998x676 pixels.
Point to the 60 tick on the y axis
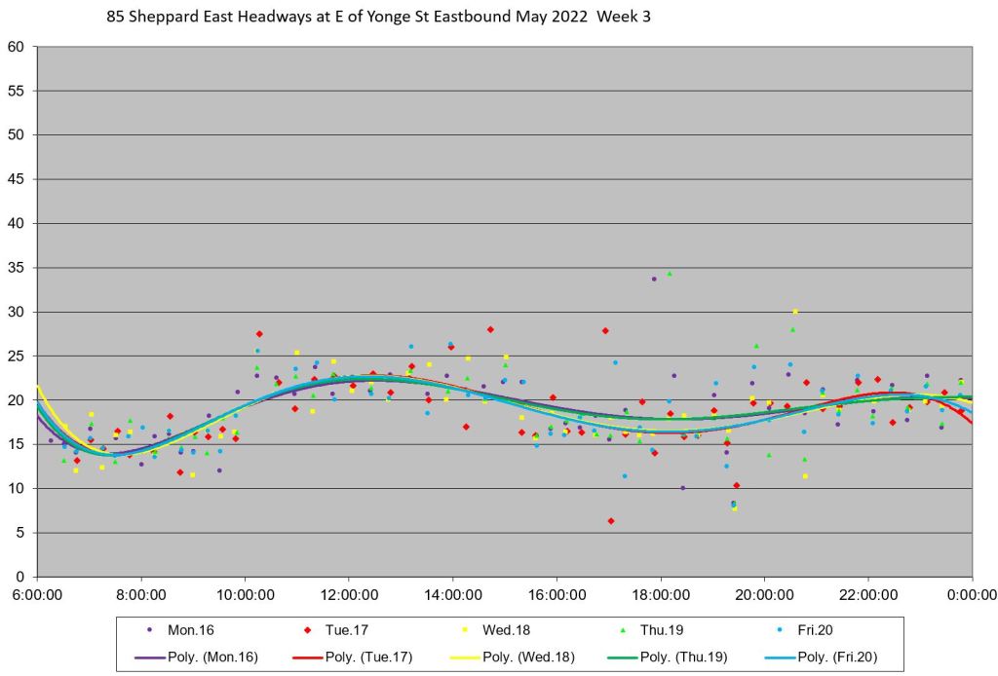[x=18, y=47]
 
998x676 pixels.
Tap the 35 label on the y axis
[x=18, y=268]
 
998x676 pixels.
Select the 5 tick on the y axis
[x=21, y=533]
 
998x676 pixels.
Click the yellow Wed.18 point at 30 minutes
[x=795, y=312]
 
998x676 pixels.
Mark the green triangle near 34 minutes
[x=670, y=274]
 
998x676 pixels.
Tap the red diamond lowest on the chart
[x=611, y=521]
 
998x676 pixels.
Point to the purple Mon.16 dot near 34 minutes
[x=654, y=279]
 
